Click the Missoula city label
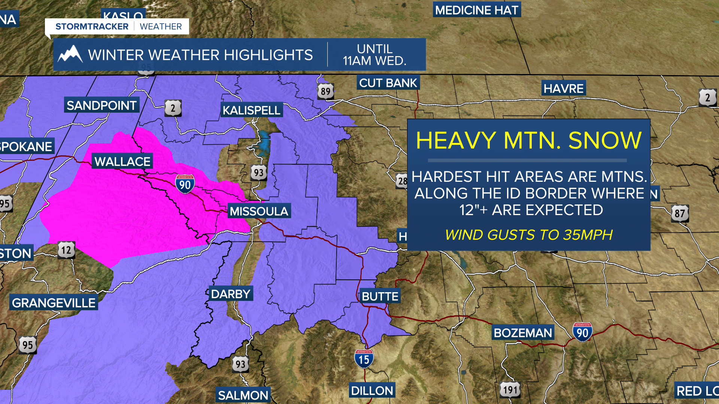(x=259, y=211)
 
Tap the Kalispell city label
(x=251, y=110)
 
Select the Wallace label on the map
(x=122, y=162)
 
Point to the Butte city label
(x=380, y=296)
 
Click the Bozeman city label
(x=523, y=333)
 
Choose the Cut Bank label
(x=388, y=83)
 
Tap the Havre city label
(x=563, y=88)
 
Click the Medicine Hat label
(x=477, y=10)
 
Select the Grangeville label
(x=54, y=303)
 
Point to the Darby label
(x=231, y=294)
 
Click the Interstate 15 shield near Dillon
(x=364, y=359)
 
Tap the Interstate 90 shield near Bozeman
(x=582, y=332)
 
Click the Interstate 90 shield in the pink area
(x=185, y=184)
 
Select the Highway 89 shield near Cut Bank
(x=325, y=91)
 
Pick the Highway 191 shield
(x=510, y=390)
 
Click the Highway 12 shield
(x=66, y=250)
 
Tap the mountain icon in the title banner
(x=70, y=55)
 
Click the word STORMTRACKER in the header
(x=92, y=27)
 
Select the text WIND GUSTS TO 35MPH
(x=528, y=235)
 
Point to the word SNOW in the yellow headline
(x=605, y=140)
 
